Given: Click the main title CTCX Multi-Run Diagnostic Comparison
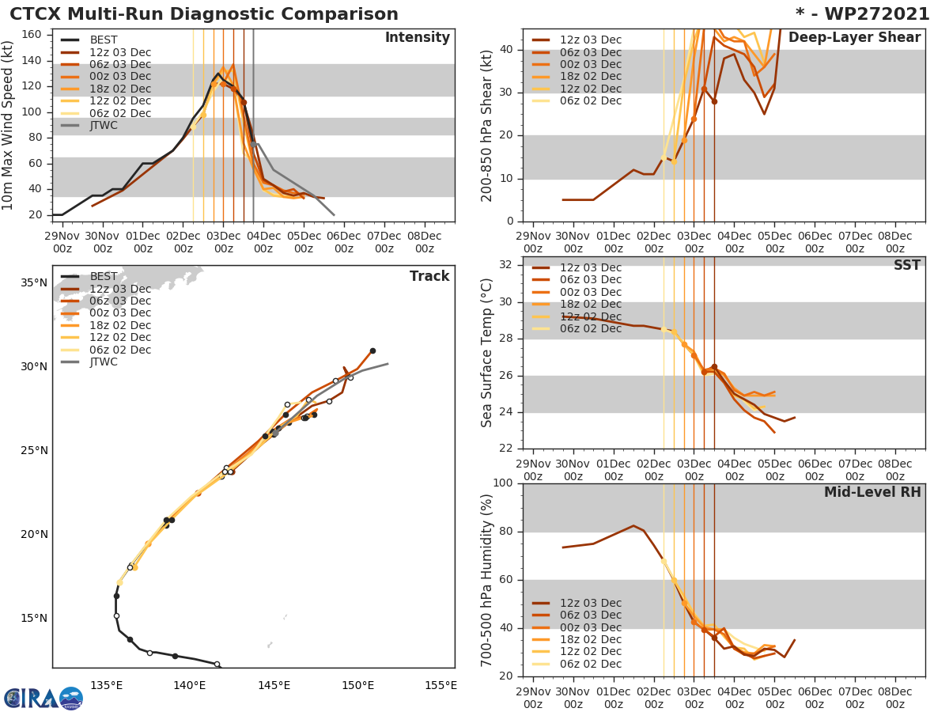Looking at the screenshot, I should (204, 14).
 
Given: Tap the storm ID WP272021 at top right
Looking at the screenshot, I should (863, 14).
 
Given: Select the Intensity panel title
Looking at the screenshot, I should (417, 38).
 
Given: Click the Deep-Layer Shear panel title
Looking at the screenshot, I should (854, 38).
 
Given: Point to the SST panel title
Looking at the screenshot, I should (906, 266).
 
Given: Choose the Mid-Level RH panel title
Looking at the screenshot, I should (872, 492).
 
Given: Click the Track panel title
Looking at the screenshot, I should (429, 276).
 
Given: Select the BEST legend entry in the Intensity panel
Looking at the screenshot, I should (103, 40).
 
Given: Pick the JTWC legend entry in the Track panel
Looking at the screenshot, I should (103, 362).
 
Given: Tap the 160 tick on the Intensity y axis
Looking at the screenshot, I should (38, 35).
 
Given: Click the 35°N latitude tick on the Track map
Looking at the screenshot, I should (34, 283).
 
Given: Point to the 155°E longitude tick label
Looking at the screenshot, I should (440, 685).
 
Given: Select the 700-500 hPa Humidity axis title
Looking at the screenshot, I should (487, 580).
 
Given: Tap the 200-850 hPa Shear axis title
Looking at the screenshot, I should (487, 125).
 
